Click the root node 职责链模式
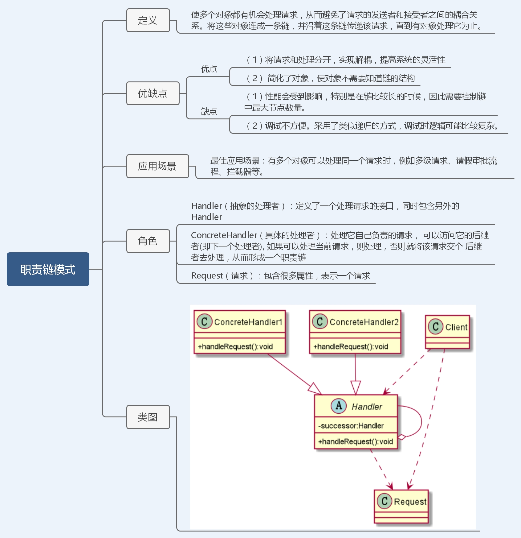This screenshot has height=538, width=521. point(48,269)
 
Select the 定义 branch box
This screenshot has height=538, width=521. point(148,20)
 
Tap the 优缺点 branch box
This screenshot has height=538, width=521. point(153,93)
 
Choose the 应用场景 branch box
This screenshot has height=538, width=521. point(157,166)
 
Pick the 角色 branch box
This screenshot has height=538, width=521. point(148,241)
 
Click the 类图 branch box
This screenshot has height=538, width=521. point(148,417)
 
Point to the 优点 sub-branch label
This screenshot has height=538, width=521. point(209,69)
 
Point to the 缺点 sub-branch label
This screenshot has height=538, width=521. point(209,111)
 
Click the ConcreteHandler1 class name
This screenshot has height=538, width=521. point(248,322)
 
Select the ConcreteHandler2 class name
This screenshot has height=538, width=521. point(364,322)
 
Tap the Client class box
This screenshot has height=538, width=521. point(447,332)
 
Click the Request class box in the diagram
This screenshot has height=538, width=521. point(401,506)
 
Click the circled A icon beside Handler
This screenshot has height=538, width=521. point(339,406)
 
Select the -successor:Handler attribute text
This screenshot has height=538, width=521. point(351,426)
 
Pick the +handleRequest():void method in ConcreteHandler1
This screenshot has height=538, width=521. point(235,347)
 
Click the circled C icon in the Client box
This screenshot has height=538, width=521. point(435,327)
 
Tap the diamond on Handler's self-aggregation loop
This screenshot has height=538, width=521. point(401,437)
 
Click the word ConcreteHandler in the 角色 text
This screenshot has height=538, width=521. point(224,235)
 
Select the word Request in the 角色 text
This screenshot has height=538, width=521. point(207,276)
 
